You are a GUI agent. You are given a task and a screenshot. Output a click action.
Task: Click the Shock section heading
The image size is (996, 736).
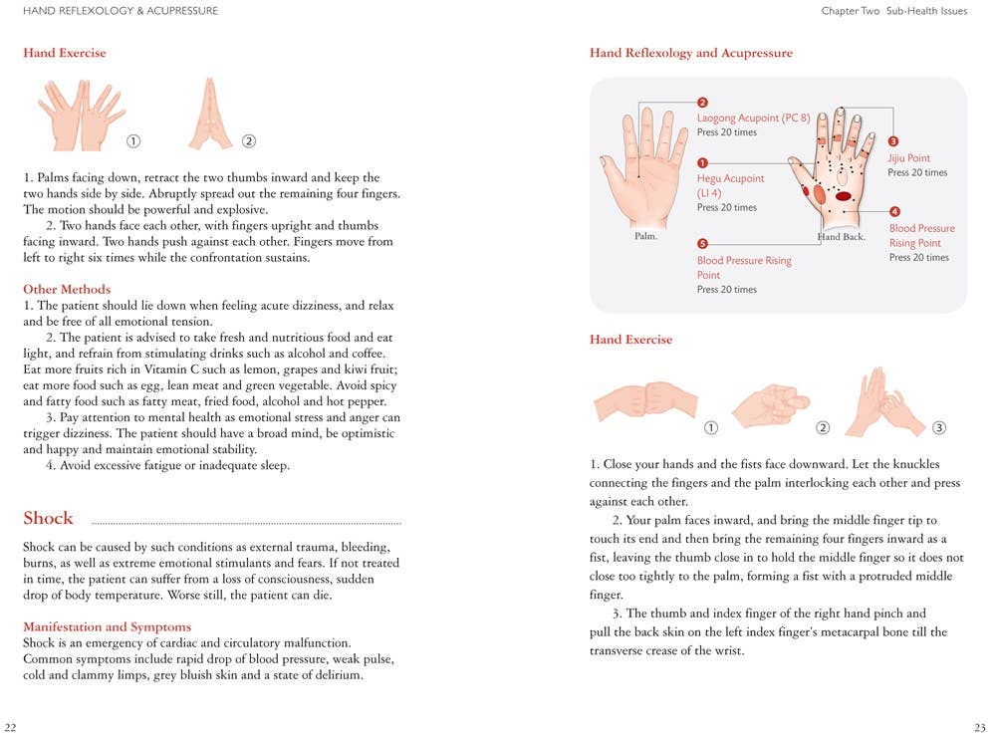coord(48,518)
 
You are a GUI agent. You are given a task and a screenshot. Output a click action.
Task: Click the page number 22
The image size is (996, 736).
coord(10,727)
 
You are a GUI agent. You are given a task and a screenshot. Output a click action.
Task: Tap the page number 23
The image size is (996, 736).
coord(980,727)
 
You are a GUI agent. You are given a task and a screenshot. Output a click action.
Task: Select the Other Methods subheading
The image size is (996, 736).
coord(67,290)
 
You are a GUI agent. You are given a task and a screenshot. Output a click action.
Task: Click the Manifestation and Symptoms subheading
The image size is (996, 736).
coord(107,626)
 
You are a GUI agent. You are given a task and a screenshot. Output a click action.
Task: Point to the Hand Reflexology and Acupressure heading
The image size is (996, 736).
coord(690,53)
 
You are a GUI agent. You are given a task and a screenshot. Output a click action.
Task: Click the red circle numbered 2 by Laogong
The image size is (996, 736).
coord(702,103)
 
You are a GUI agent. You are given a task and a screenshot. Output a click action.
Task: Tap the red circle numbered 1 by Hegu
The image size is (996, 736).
coord(702,163)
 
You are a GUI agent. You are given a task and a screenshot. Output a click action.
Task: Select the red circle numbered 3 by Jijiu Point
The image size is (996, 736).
coord(893,142)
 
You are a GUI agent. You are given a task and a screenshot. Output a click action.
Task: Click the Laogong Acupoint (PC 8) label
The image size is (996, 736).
coord(753,118)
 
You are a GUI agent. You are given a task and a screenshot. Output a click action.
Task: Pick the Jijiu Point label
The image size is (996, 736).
coord(908,158)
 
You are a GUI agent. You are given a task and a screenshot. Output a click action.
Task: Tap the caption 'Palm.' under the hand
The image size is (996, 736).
coord(645,237)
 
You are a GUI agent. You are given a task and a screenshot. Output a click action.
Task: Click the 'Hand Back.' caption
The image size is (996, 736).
coord(841,237)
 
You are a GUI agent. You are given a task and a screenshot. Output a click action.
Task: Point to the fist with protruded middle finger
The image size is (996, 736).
coord(769,404)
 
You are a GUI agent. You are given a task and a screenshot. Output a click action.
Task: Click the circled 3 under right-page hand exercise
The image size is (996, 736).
coord(938,428)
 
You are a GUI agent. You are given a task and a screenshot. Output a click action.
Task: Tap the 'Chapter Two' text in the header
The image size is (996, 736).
coord(850,11)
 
